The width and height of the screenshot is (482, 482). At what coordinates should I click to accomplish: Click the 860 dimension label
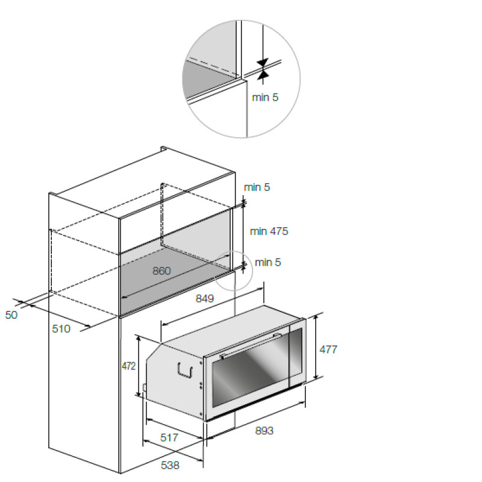(x=161, y=271)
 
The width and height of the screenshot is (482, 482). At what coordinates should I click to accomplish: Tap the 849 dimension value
(x=204, y=298)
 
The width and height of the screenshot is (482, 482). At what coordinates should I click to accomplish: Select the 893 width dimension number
(x=264, y=431)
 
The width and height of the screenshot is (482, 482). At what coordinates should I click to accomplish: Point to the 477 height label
(x=328, y=349)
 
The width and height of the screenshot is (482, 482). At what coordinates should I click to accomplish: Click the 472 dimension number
(x=128, y=366)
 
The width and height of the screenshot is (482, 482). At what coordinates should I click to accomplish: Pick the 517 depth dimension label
(x=169, y=437)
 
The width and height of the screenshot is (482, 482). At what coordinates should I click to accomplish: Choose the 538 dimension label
(x=170, y=465)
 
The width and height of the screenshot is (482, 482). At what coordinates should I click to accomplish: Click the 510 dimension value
(x=61, y=329)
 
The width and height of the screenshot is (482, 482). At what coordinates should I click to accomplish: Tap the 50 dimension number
(x=11, y=315)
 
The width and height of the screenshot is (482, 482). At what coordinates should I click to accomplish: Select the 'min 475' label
(x=269, y=231)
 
